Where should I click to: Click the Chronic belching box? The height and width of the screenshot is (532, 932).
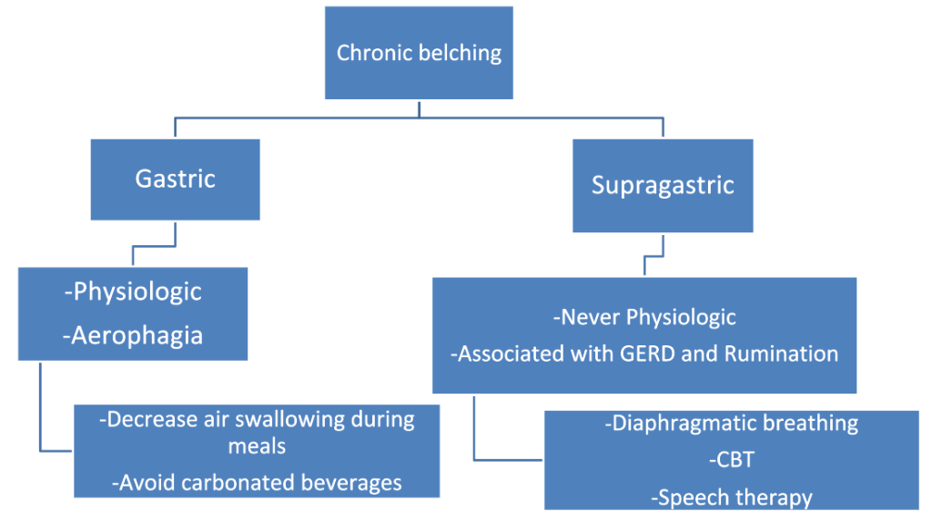(419, 53)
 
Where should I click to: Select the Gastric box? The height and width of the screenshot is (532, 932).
(175, 179)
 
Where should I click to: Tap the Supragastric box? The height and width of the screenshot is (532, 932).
(662, 185)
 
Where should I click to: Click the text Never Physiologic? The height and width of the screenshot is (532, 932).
(644, 317)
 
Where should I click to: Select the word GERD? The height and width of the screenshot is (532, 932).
(652, 353)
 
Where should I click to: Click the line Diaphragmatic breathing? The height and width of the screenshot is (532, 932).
(732, 423)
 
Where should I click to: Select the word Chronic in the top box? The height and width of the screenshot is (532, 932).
(374, 53)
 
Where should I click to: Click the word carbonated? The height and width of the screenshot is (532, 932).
(231, 483)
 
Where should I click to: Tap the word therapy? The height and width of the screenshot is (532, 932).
(773, 497)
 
